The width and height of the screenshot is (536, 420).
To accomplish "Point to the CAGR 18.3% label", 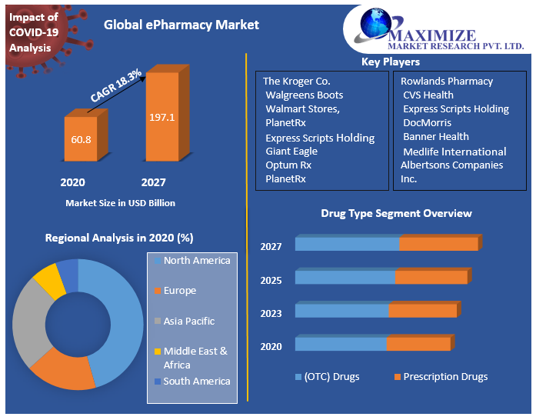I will coord(116,85).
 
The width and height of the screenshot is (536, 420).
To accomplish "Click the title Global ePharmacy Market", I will coord(181,25).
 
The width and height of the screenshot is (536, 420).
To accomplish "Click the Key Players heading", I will coord(391,62).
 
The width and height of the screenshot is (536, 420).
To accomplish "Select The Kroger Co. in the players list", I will coord(296,81).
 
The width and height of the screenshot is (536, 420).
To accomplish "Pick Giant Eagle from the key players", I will coord(291,151).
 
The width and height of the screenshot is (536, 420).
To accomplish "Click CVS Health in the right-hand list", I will coord(428,95).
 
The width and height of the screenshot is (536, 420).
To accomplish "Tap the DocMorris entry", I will coord(427,122).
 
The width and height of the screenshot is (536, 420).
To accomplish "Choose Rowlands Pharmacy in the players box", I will coord(447,81).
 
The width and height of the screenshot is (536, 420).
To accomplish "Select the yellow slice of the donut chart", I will coord(48,280).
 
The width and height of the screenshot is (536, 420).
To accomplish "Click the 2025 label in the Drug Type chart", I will coord(271,280).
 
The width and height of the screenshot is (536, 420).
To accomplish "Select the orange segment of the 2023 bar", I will coord(422,311).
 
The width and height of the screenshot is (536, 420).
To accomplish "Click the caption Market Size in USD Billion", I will coord(120,203).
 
